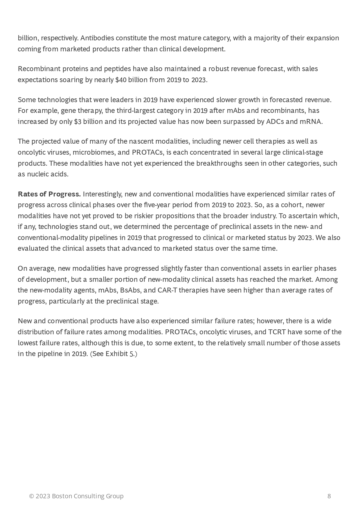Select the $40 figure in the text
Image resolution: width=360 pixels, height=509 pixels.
(x=121, y=80)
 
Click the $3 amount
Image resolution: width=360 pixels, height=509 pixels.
(x=78, y=122)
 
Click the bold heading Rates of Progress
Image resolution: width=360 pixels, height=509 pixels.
(x=49, y=194)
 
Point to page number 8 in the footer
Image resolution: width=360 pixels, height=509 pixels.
(x=329, y=496)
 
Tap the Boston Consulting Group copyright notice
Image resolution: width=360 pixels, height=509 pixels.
(x=76, y=496)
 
